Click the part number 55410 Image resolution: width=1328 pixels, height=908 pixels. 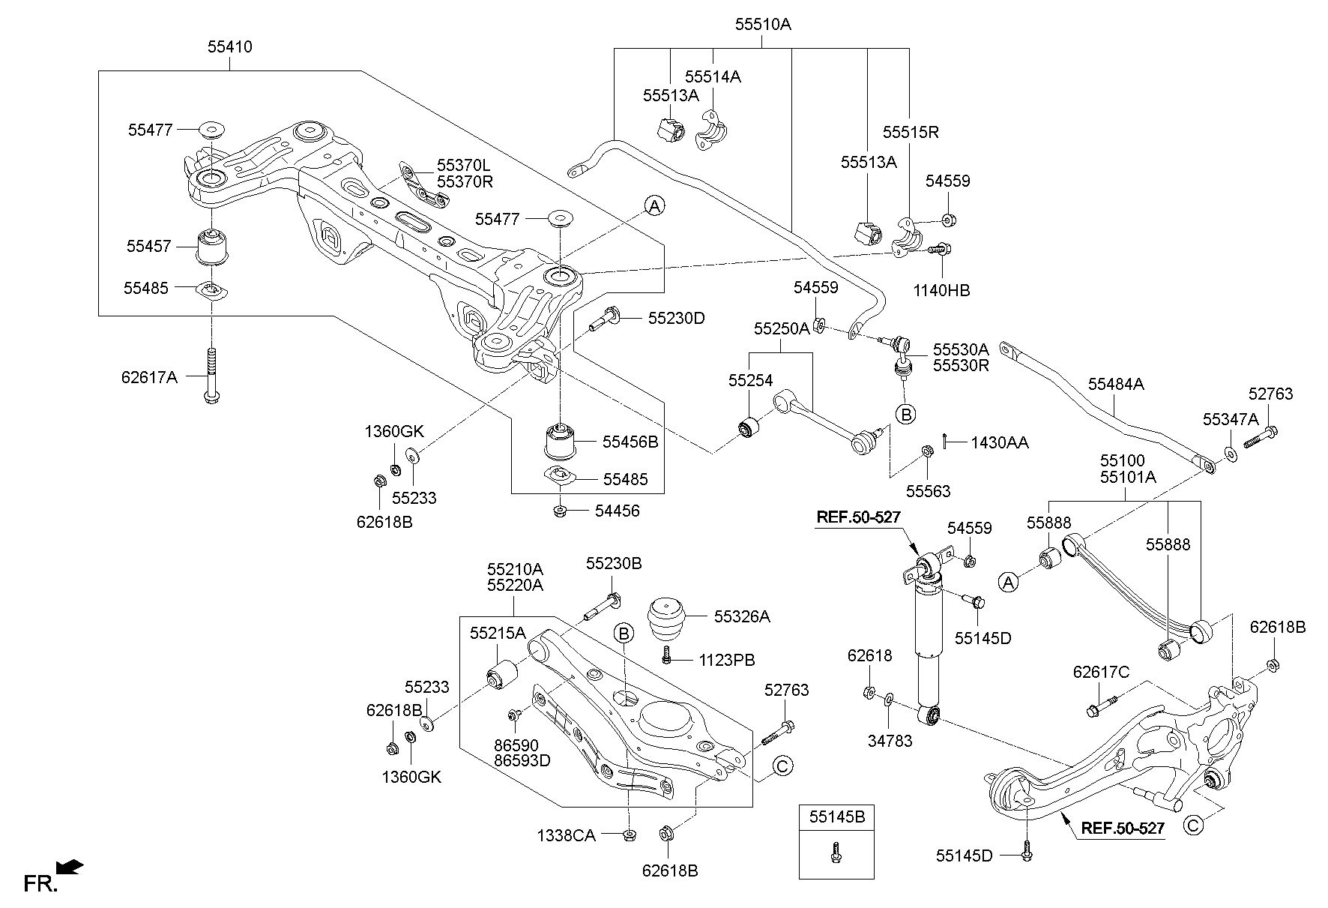(x=229, y=47)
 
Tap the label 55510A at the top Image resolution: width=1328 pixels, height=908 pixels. (x=762, y=25)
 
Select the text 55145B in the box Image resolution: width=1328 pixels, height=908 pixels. (x=836, y=817)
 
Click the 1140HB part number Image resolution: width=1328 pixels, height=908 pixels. (x=941, y=290)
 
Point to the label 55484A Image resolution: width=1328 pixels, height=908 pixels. (x=1116, y=384)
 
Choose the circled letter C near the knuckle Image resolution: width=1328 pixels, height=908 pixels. (x=1193, y=826)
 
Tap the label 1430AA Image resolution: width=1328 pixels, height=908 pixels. (x=1000, y=442)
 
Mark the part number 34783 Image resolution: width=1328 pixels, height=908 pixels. (x=890, y=741)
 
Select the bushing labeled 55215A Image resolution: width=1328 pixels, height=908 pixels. (x=500, y=673)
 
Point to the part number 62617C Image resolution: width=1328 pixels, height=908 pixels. (x=1100, y=672)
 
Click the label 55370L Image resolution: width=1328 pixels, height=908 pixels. (x=465, y=166)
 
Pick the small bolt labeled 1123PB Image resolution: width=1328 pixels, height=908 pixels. (x=666, y=656)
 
